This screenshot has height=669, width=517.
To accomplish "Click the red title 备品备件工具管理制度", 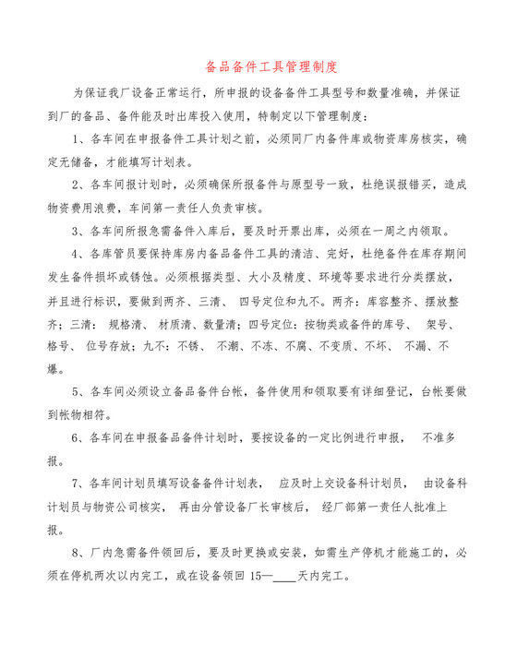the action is [258, 67].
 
